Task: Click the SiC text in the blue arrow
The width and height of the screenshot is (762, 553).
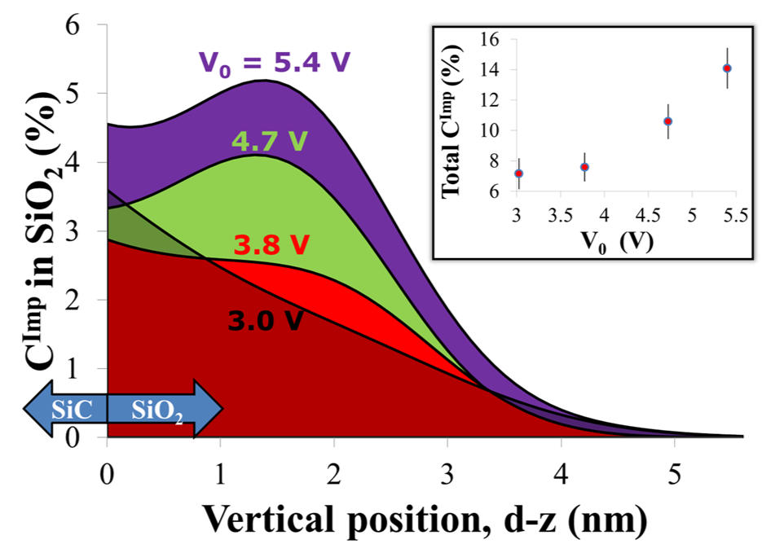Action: click(x=65, y=410)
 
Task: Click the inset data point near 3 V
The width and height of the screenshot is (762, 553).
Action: click(x=519, y=173)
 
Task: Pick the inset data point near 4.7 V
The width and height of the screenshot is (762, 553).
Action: click(x=668, y=121)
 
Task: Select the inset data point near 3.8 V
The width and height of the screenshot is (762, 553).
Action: click(x=584, y=167)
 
